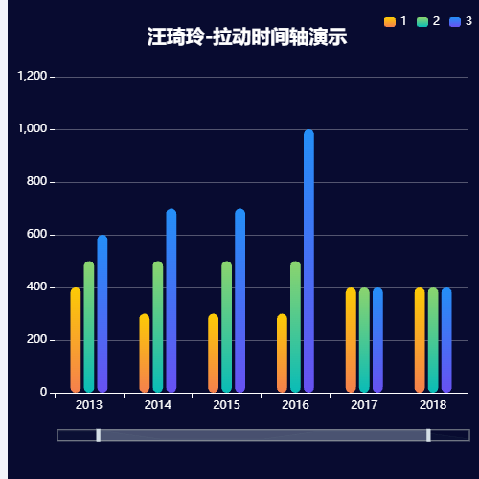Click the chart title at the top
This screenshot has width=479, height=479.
click(x=247, y=37)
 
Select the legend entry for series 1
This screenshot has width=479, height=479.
click(x=396, y=21)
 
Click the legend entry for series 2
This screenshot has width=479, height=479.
click(x=428, y=21)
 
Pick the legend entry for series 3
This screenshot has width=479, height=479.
click(x=461, y=21)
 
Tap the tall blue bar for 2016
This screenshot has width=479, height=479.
click(x=308, y=261)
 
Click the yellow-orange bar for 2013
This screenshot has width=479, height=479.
click(x=76, y=340)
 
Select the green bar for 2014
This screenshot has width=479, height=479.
click(x=158, y=327)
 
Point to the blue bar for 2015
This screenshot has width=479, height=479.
click(x=239, y=301)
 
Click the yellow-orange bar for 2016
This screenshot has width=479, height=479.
click(x=282, y=354)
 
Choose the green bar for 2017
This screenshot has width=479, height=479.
click(x=364, y=340)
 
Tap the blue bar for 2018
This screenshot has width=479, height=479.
click(x=446, y=340)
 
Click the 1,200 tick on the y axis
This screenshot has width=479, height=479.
click(x=32, y=76)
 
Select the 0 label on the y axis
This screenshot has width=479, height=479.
click(x=43, y=393)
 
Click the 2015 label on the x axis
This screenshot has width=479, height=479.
click(x=226, y=406)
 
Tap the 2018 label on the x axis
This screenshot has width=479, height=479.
click(x=433, y=406)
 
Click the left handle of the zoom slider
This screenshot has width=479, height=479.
click(x=98, y=435)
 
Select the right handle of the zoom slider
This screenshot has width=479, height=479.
click(x=428, y=435)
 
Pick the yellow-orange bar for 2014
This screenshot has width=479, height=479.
click(x=145, y=354)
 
